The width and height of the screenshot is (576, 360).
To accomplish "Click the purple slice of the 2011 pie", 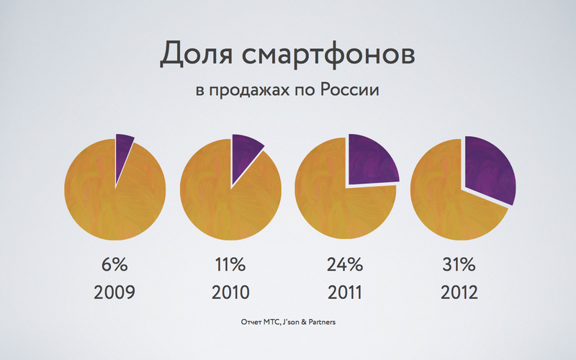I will point(372,159).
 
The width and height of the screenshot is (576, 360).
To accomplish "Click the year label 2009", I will point(114,294).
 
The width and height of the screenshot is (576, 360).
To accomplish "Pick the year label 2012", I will point(460,294).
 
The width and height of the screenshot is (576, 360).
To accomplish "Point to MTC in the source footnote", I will point(269,322).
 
